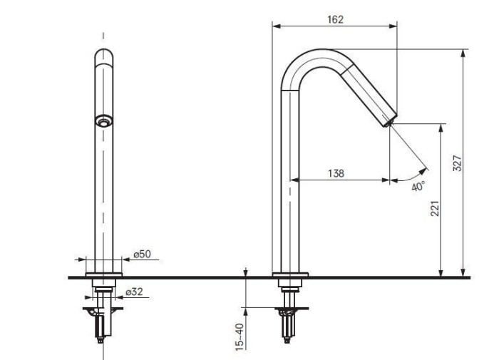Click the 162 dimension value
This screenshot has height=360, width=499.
tap(336, 19)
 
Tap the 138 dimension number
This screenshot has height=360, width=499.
tap(336, 173)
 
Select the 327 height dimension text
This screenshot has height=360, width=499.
tap(457, 163)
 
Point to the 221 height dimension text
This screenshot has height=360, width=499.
tap(435, 208)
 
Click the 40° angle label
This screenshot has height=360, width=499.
tap(418, 186)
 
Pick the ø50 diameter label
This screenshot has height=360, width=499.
tap(143, 254)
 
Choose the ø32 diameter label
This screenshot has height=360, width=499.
tap(134, 292)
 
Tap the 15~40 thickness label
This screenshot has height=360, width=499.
tap(240, 336)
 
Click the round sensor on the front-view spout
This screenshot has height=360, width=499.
tap(104, 120)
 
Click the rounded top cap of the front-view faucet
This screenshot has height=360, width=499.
tap(104, 56)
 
